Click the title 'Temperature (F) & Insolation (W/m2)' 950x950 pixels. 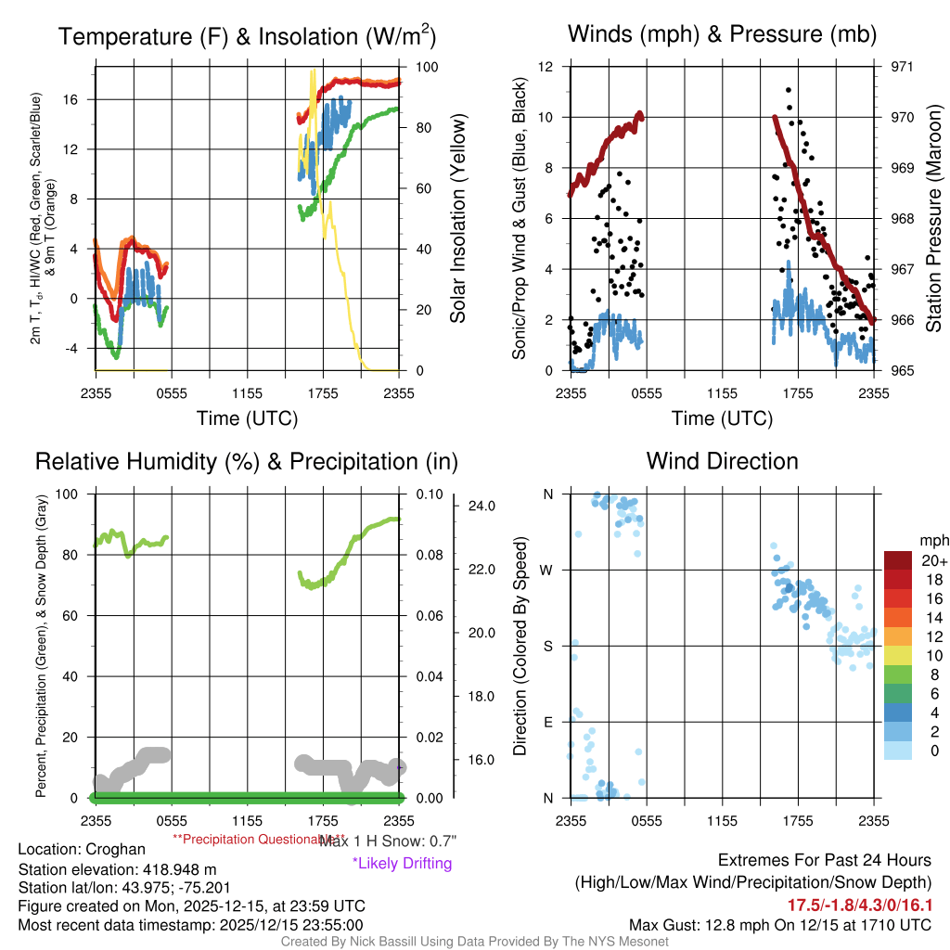coord(247,37)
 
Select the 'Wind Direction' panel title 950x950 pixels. coord(722,461)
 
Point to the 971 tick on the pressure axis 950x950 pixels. coord(903,67)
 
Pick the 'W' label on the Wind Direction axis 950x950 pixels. coord(547,570)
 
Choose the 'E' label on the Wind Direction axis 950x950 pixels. coord(548,722)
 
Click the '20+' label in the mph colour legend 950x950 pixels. coord(933,560)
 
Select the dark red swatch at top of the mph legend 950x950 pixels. coord(898,560)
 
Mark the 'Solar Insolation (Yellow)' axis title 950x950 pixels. coord(457,218)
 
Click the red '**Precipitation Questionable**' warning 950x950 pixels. coord(245,839)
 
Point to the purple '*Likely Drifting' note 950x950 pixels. coord(402,864)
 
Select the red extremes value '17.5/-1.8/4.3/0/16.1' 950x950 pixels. coord(860,905)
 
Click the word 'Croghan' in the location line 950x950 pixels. coord(115,849)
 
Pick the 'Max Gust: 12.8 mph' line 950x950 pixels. coord(779,924)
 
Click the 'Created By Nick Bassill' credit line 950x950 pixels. coord(474,942)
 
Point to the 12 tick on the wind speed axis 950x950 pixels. coord(547,67)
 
